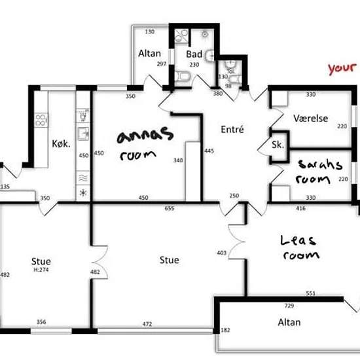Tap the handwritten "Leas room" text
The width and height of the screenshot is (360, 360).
(x=300, y=247)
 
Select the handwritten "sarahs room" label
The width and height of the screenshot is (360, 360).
(x=319, y=172)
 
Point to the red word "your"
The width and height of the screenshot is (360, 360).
(x=342, y=69)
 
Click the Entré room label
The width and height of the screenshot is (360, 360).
(x=232, y=130)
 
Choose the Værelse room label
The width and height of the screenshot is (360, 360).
(x=311, y=118)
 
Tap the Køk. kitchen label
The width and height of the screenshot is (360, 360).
(x=61, y=144)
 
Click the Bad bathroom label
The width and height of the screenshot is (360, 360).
(x=194, y=54)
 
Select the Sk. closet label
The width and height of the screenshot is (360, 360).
(x=278, y=145)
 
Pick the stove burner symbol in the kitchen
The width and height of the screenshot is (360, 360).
(x=41, y=120)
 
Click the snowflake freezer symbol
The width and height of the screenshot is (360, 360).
(x=83, y=192)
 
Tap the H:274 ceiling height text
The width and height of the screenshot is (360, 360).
(x=41, y=270)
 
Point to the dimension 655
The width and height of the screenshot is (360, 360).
(x=170, y=208)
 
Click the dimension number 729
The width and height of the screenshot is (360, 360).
(x=289, y=306)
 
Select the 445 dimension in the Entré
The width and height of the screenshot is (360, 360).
(x=209, y=151)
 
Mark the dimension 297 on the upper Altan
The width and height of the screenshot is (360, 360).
(x=162, y=64)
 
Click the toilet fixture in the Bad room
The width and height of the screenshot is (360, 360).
(x=183, y=76)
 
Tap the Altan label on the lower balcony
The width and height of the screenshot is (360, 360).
(x=289, y=323)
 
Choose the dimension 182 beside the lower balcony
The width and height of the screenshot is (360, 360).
(x=225, y=330)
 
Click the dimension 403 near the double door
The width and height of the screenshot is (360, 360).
(x=221, y=253)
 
